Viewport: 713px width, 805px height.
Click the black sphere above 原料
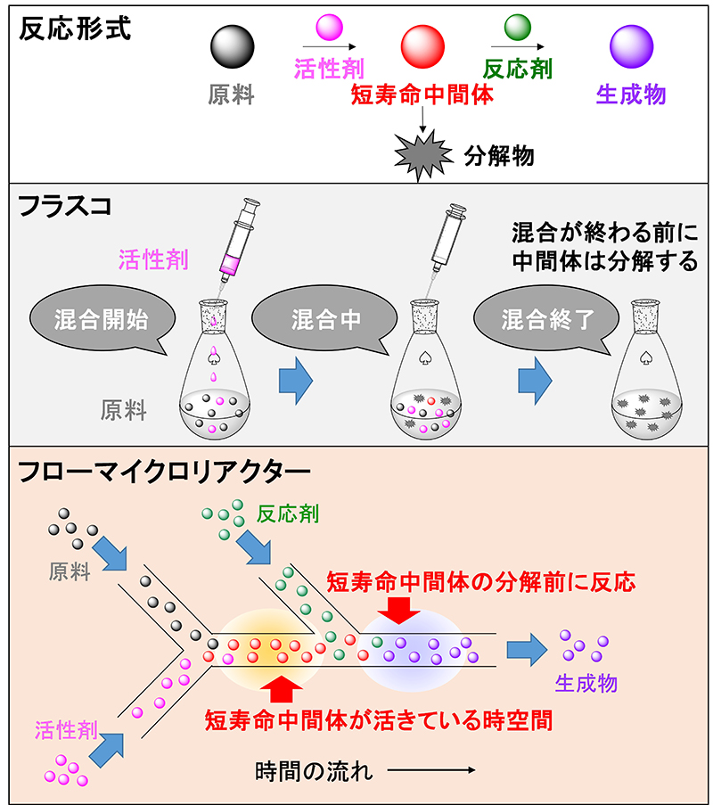pos(232,45)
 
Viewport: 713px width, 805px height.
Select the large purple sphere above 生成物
pos(630,45)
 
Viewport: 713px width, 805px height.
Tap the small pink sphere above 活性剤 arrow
pos(328,28)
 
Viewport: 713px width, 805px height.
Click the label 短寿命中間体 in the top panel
pos(422,94)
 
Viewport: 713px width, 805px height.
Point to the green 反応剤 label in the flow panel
pos(287,514)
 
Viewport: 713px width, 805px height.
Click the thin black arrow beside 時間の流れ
pos(430,768)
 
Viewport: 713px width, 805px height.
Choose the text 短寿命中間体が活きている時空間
pos(379,719)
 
